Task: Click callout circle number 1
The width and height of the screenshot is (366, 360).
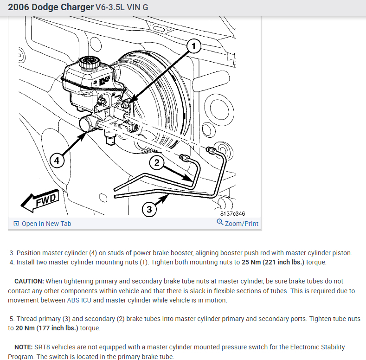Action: (x=193, y=45)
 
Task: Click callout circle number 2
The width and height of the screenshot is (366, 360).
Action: (x=157, y=162)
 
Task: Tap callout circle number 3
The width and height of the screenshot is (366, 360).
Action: (x=148, y=209)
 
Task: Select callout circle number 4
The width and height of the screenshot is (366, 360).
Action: (x=56, y=161)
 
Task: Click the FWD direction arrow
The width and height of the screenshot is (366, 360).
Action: (x=40, y=200)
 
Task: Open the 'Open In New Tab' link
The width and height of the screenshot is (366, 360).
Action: (x=46, y=224)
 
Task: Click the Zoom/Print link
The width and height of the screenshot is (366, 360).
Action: (x=241, y=223)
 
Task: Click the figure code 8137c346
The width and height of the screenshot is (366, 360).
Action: (x=232, y=213)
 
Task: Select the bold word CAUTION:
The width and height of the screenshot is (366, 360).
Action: (x=29, y=281)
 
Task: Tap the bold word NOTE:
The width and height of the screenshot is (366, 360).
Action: (x=23, y=347)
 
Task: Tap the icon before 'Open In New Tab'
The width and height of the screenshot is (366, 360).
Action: (x=16, y=224)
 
